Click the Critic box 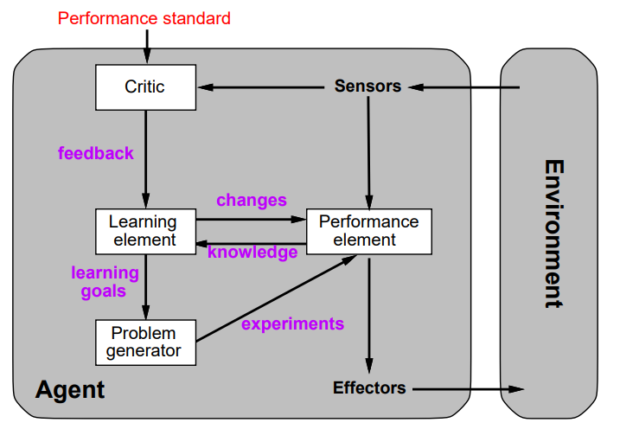click(144, 86)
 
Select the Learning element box click(144, 231)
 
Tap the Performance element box click(369, 231)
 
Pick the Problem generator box click(144, 342)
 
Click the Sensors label click(368, 86)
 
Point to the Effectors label click(369, 388)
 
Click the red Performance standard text click(144, 17)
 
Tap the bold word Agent click(70, 389)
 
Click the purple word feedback click(96, 154)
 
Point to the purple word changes click(251, 201)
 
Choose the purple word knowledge click(252, 253)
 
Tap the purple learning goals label click(105, 282)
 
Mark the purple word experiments click(292, 324)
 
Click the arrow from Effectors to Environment click(467, 389)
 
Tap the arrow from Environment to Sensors click(467, 86)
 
